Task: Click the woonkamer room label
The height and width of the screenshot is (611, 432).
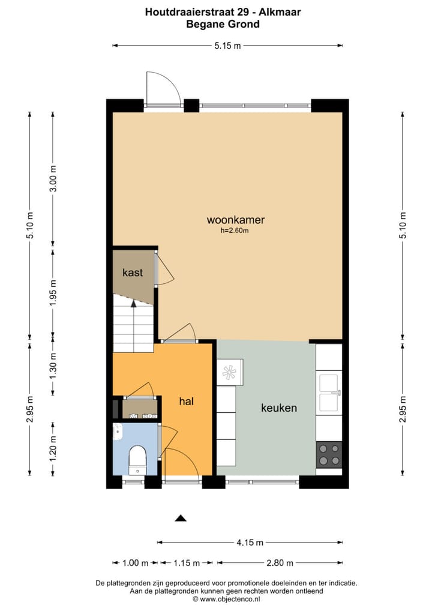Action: click(x=235, y=220)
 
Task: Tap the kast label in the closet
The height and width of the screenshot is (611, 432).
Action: click(x=133, y=272)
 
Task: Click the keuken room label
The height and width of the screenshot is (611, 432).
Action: click(x=278, y=408)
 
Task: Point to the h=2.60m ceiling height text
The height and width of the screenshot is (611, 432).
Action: click(x=235, y=230)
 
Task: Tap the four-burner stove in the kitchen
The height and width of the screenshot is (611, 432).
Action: click(x=329, y=455)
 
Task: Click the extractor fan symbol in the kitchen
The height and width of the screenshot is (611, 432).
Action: click(x=229, y=373)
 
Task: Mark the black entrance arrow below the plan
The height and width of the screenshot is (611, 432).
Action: click(x=181, y=518)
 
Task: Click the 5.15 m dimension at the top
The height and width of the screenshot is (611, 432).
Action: click(x=228, y=46)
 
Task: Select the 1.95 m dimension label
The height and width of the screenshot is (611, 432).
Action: click(x=53, y=292)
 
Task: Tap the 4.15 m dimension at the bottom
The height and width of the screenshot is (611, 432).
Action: click(x=250, y=543)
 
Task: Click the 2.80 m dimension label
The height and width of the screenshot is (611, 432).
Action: click(x=280, y=563)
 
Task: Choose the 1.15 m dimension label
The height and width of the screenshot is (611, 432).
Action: click(x=187, y=563)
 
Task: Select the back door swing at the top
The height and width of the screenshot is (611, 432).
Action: click(x=164, y=88)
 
